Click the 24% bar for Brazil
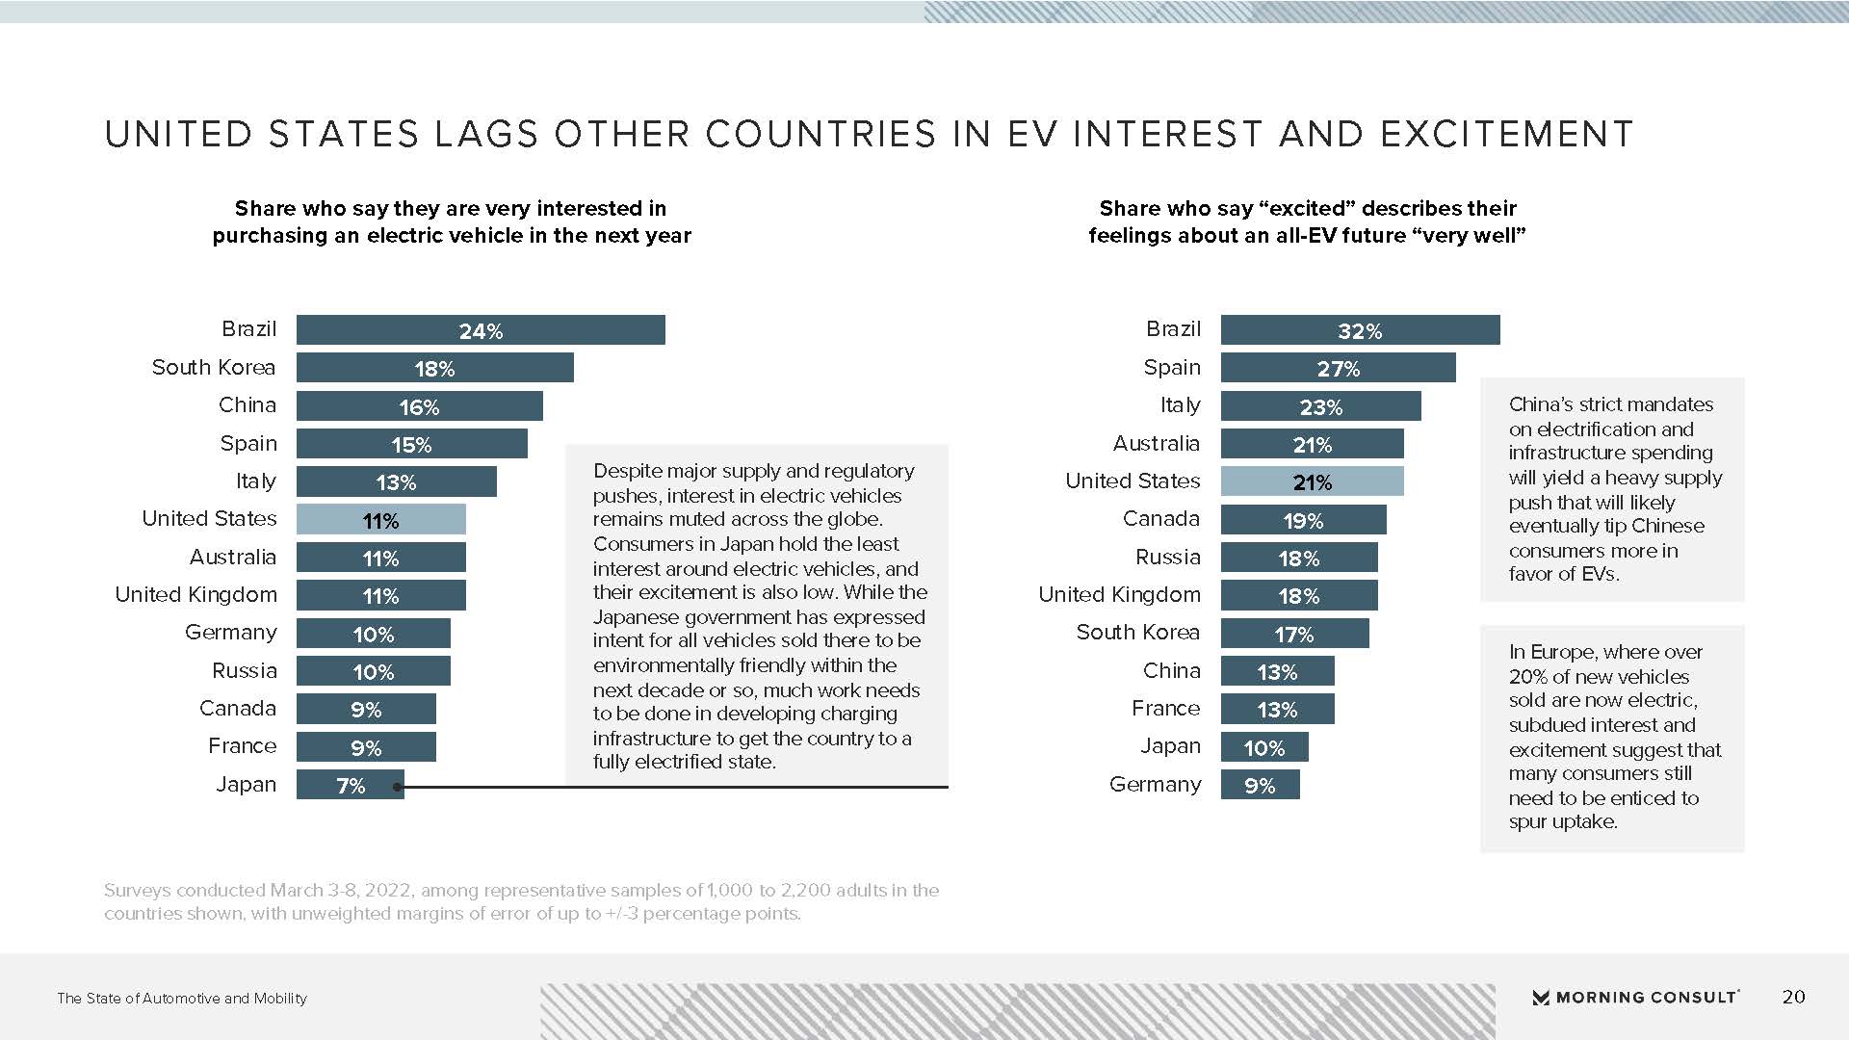tap(481, 330)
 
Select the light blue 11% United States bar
tap(380, 520)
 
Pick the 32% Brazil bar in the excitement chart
tap(1360, 330)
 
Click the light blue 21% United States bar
tap(1312, 481)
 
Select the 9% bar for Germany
tap(1260, 785)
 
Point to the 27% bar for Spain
tap(1338, 368)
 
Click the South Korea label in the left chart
tap(214, 368)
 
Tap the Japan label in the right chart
tap(1170, 746)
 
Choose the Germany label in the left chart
tap(231, 633)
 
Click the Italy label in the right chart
tap(1180, 405)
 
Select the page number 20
tap(1793, 997)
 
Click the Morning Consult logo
tap(1635, 997)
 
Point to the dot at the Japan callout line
tap(398, 788)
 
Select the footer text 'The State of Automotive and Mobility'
tap(182, 999)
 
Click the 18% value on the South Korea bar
tap(434, 369)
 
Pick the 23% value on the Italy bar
tap(1320, 407)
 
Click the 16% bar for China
tap(419, 406)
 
